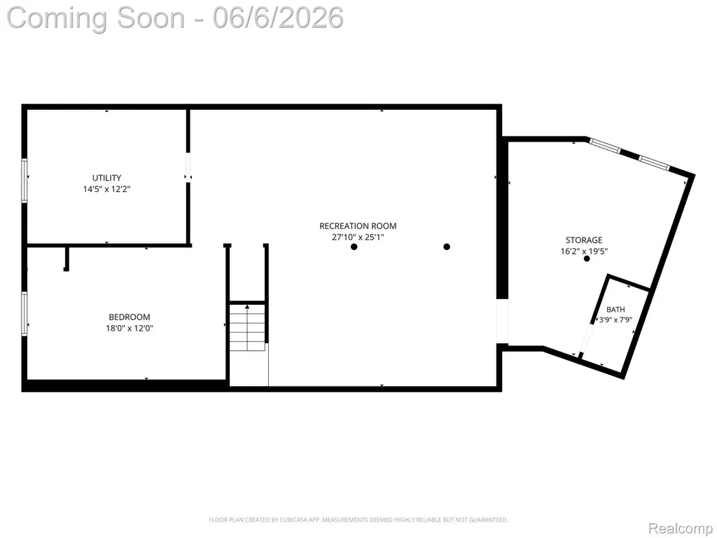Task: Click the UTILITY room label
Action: (106, 178)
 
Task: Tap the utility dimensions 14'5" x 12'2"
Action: (106, 189)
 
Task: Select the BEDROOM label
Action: (130, 317)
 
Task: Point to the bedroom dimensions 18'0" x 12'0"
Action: (130, 328)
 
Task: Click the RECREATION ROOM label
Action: (358, 226)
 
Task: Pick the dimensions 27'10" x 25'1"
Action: (358, 237)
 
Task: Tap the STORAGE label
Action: (584, 240)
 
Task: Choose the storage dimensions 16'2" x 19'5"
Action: (584, 251)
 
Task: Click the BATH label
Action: (615, 310)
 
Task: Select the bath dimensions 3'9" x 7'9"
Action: (615, 319)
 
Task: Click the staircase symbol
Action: (247, 326)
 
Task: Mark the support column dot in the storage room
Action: (587, 258)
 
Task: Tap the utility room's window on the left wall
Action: (25, 180)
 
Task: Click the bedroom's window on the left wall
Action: (25, 314)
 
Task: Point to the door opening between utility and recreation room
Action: (188, 167)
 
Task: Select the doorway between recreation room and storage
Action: (502, 322)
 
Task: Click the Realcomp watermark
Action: (681, 528)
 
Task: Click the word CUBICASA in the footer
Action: (294, 520)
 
